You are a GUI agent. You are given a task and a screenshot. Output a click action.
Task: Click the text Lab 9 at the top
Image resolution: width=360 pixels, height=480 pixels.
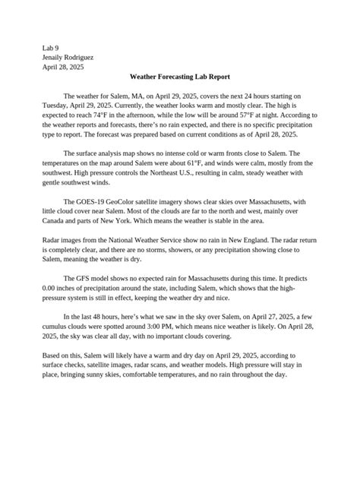(x=51, y=47)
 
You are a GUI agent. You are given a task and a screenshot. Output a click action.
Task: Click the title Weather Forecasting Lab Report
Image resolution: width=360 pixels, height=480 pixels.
(x=179, y=77)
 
